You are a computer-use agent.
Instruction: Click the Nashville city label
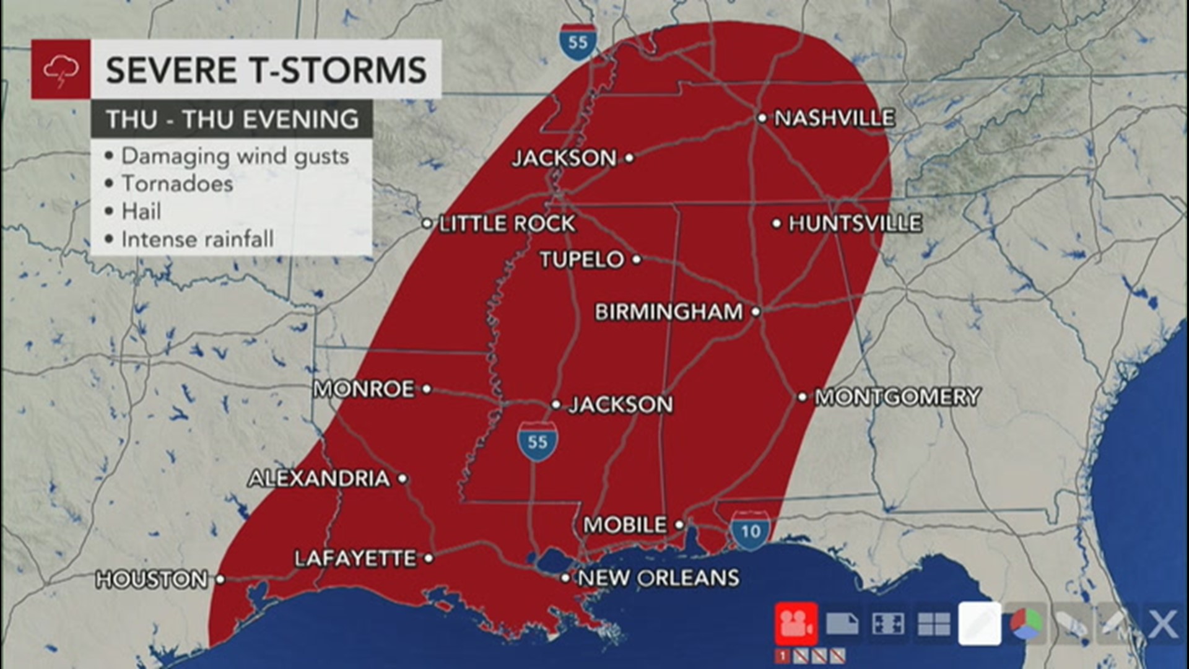834,118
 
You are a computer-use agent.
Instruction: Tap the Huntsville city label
855,223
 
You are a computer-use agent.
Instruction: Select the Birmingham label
669,312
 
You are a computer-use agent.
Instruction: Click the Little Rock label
507,224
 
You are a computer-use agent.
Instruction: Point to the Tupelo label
582,260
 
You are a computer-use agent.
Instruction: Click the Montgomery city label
897,396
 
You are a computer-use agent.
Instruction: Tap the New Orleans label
659,578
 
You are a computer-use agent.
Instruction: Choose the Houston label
152,580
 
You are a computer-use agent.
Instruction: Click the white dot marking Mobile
679,525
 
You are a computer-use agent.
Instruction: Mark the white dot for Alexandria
403,478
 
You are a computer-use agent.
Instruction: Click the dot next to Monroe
427,389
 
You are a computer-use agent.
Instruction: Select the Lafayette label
355,559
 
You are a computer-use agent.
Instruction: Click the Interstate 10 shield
750,531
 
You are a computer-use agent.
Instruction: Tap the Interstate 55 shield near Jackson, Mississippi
538,441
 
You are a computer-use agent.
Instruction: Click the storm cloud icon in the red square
61,69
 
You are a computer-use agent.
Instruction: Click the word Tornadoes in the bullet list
177,184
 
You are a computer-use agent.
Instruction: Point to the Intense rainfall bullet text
197,240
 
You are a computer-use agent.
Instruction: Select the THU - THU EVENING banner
232,119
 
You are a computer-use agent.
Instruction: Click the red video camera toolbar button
796,623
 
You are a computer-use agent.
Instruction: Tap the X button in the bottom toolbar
1163,624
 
